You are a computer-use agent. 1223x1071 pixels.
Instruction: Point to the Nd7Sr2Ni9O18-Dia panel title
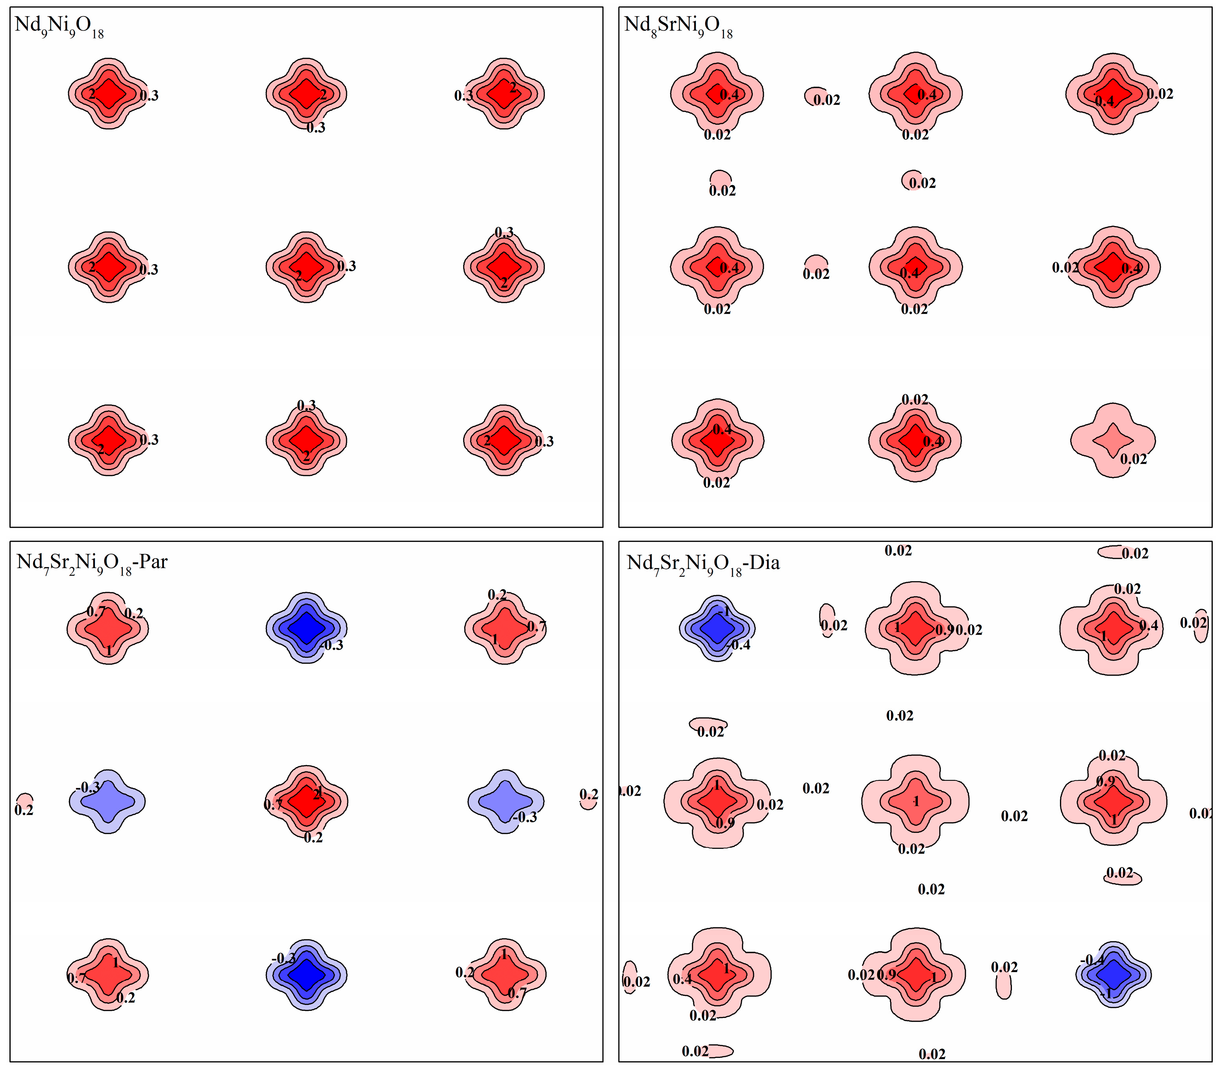(703, 563)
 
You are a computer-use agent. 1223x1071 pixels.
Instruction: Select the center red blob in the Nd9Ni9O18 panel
(306, 267)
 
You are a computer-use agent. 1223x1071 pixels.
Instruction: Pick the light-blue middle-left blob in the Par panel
(107, 801)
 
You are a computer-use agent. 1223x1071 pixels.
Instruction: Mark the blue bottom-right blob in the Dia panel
(1113, 974)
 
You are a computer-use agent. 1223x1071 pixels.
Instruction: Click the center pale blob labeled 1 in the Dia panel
(915, 801)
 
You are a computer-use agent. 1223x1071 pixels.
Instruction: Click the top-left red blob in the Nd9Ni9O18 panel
(108, 93)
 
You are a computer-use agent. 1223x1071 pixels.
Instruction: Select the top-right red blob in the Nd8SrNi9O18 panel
(1113, 94)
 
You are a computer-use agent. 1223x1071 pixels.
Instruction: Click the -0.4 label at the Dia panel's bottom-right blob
(1092, 960)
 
